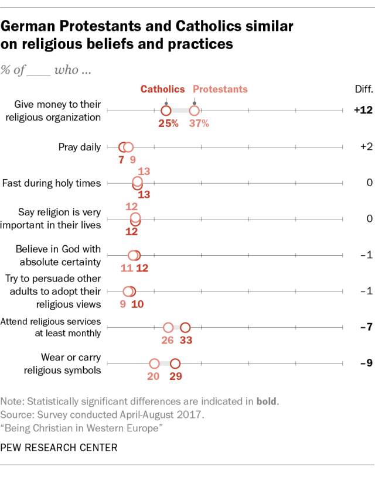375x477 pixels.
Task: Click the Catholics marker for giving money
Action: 166,110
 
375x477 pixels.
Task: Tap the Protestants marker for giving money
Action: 194,110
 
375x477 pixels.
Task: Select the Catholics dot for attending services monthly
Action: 186,327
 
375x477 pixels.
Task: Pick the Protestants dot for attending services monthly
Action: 168,327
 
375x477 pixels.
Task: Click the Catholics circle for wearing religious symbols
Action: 175,363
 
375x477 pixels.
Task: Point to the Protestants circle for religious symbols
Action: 154,363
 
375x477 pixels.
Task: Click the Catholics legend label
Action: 162,89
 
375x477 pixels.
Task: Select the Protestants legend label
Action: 220,89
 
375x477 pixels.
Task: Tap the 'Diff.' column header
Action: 356,89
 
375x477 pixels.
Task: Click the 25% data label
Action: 168,123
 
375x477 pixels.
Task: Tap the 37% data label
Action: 198,123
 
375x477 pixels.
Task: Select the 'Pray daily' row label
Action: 80,147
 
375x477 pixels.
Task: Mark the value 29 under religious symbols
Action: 175,376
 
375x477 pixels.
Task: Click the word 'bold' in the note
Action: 267,401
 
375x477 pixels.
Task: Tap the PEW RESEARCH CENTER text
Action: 59,448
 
